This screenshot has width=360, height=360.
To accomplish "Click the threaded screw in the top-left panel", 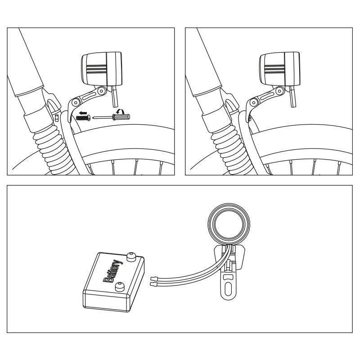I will tap(84, 118).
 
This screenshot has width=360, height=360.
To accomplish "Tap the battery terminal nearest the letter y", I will tap(131, 257).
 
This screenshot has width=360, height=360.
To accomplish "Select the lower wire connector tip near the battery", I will tap(153, 284).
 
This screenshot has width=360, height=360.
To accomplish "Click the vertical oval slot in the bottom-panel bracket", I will tap(227, 286).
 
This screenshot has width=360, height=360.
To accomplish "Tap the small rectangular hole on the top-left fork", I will tap(57, 117).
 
